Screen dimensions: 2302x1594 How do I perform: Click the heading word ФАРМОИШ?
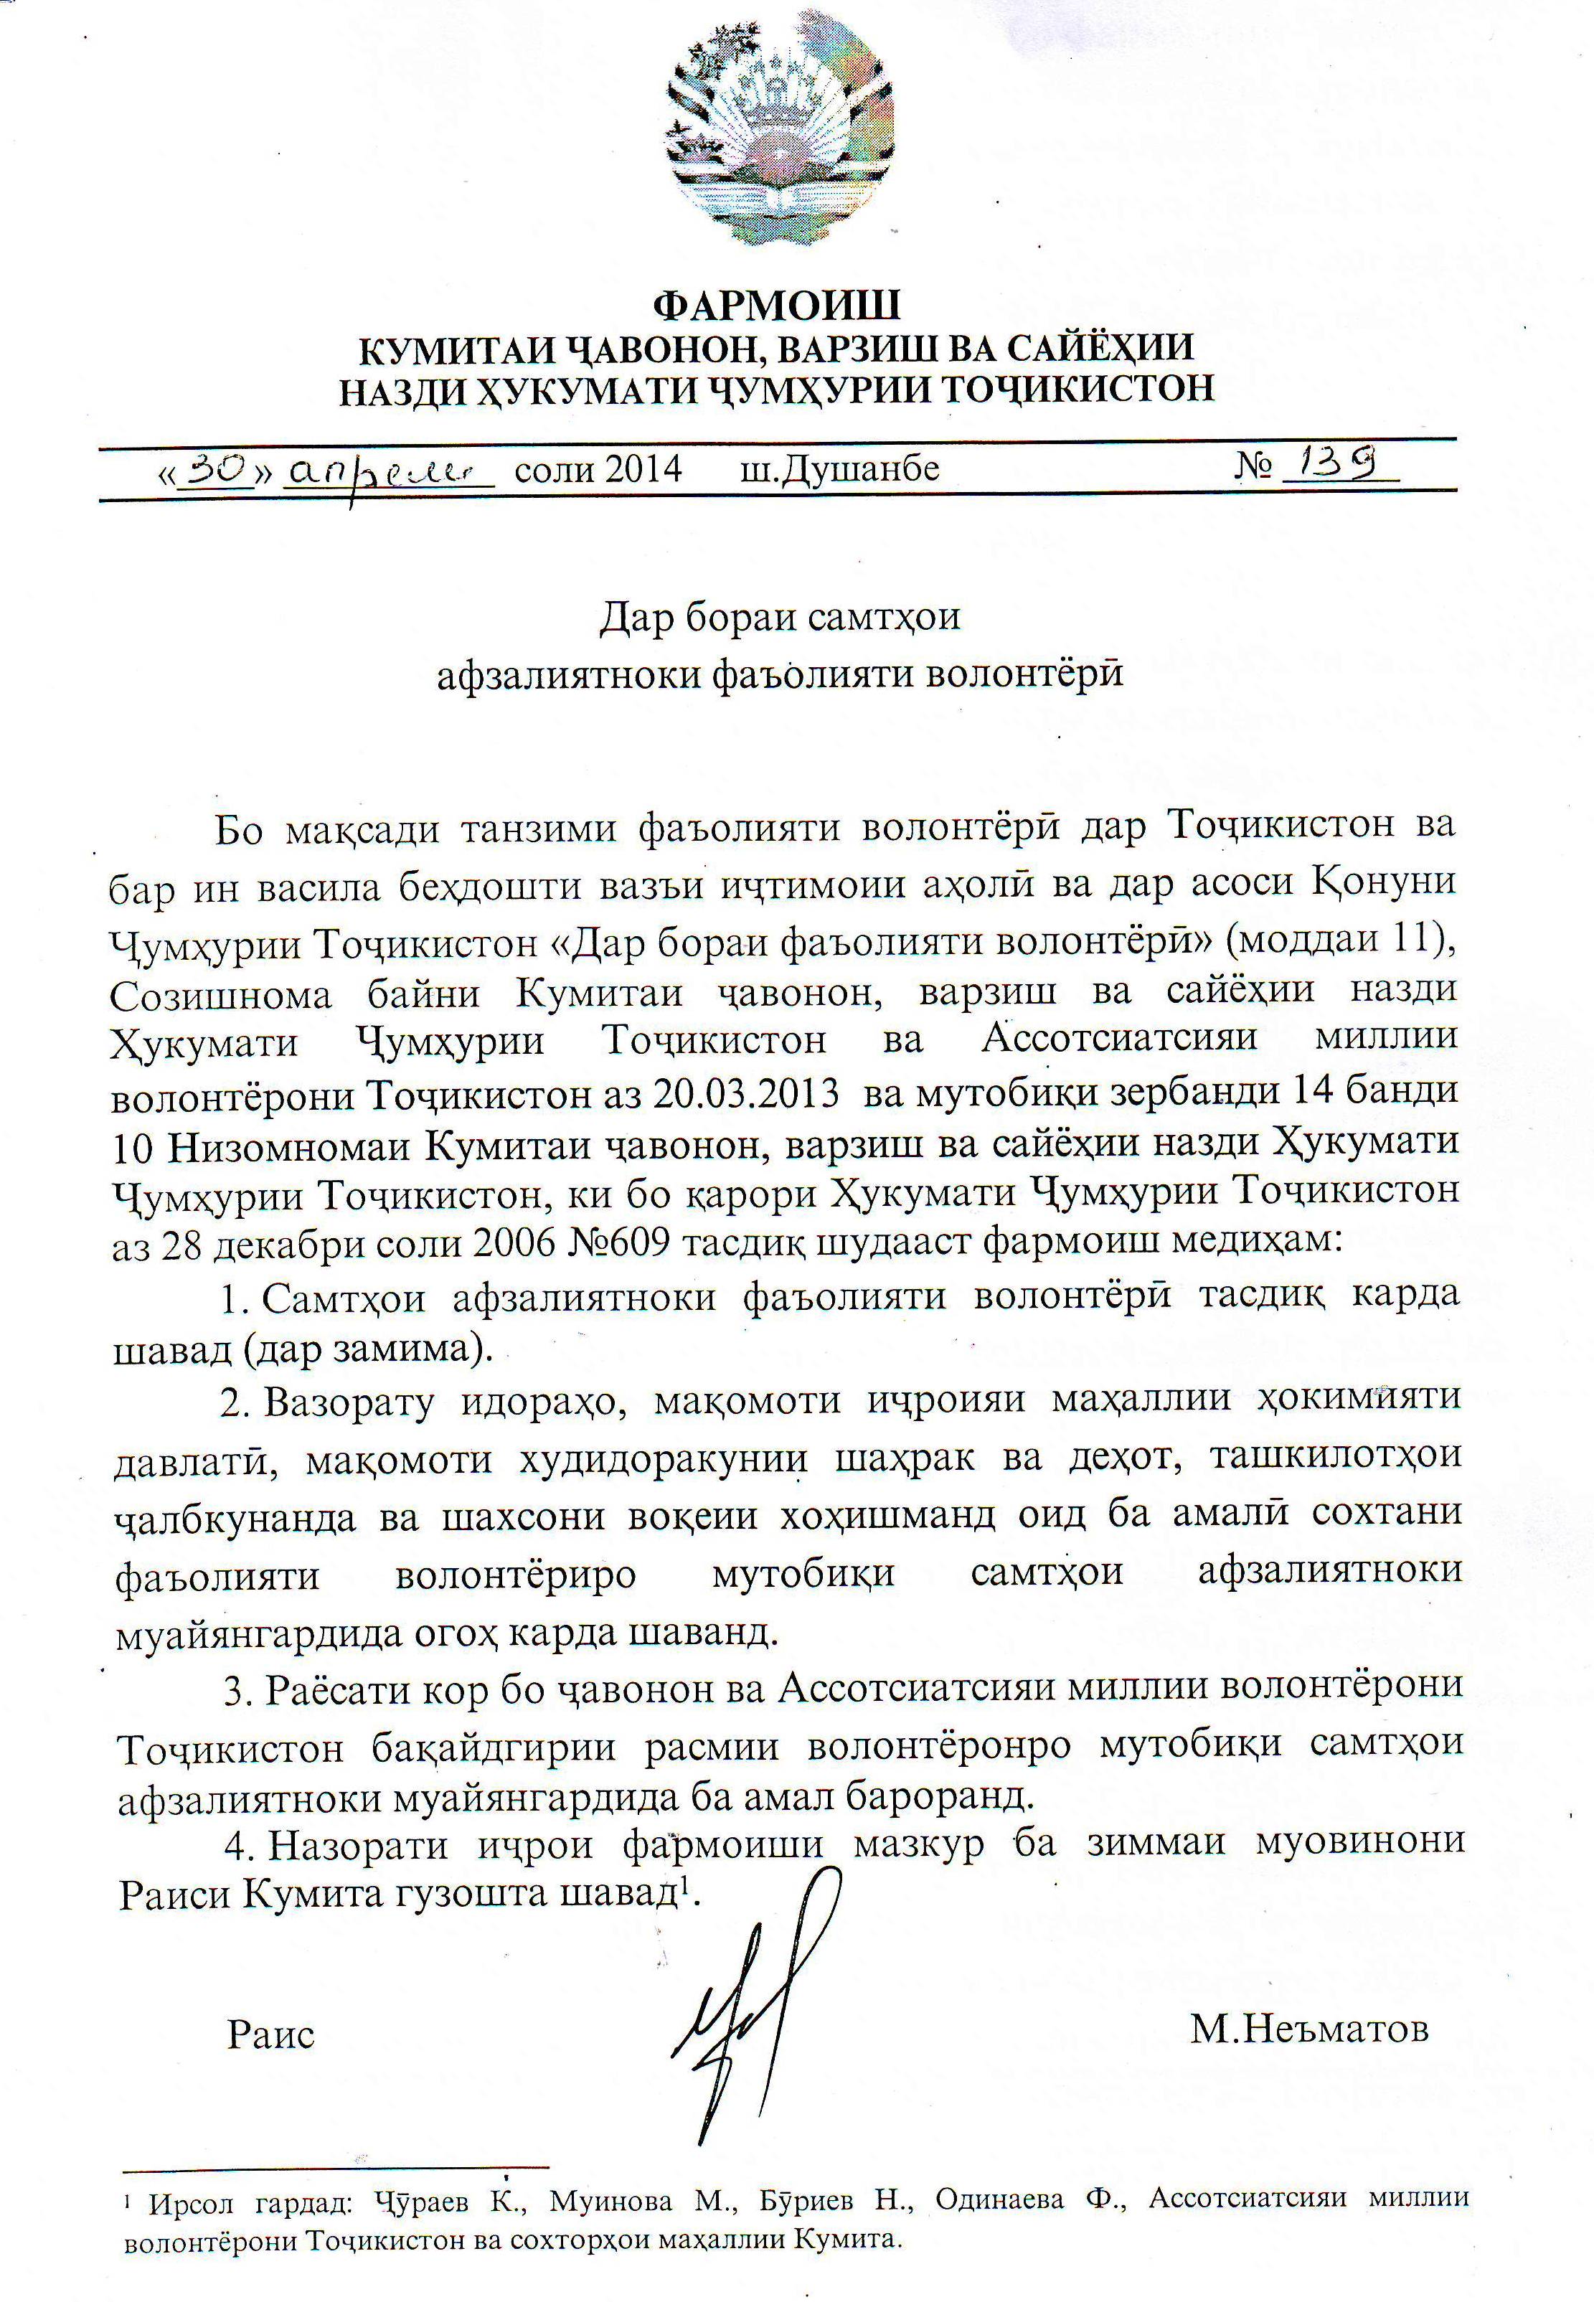click(776, 303)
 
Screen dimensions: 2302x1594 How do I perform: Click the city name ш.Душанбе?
click(839, 468)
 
